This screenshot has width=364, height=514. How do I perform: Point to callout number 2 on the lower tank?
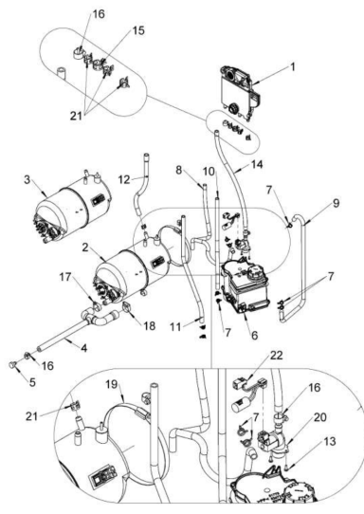point(88,248)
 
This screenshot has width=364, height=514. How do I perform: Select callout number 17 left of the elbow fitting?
point(66,278)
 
